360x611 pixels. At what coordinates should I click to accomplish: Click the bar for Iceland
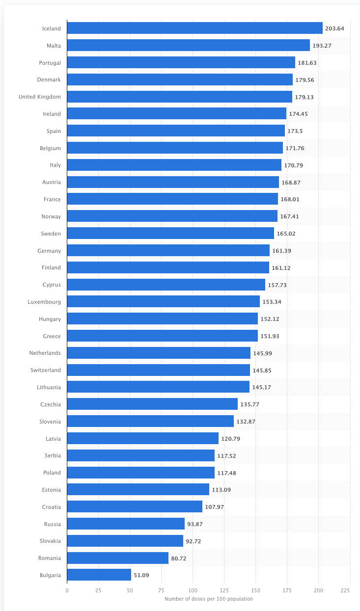[194, 28]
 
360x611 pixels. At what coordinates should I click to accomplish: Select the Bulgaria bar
[99, 575]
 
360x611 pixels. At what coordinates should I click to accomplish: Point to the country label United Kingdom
[40, 97]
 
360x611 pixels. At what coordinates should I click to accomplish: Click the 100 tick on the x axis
[193, 590]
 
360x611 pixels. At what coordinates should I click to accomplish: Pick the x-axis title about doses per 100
[208, 599]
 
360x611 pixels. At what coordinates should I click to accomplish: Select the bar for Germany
[168, 250]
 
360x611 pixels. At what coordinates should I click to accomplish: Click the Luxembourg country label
[44, 302]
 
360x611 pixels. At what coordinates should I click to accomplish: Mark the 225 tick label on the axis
[350, 590]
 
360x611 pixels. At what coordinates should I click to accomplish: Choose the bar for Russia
[126, 524]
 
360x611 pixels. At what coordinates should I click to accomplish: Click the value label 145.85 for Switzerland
[262, 371]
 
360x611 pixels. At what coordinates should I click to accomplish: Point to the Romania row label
[50, 558]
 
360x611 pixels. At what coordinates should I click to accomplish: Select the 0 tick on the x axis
[67, 590]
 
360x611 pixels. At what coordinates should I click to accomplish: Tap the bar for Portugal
[181, 62]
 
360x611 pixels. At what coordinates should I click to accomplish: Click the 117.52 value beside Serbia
[226, 456]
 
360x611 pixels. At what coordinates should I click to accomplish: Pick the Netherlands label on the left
[45, 353]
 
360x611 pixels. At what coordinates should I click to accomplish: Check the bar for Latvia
[142, 438]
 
